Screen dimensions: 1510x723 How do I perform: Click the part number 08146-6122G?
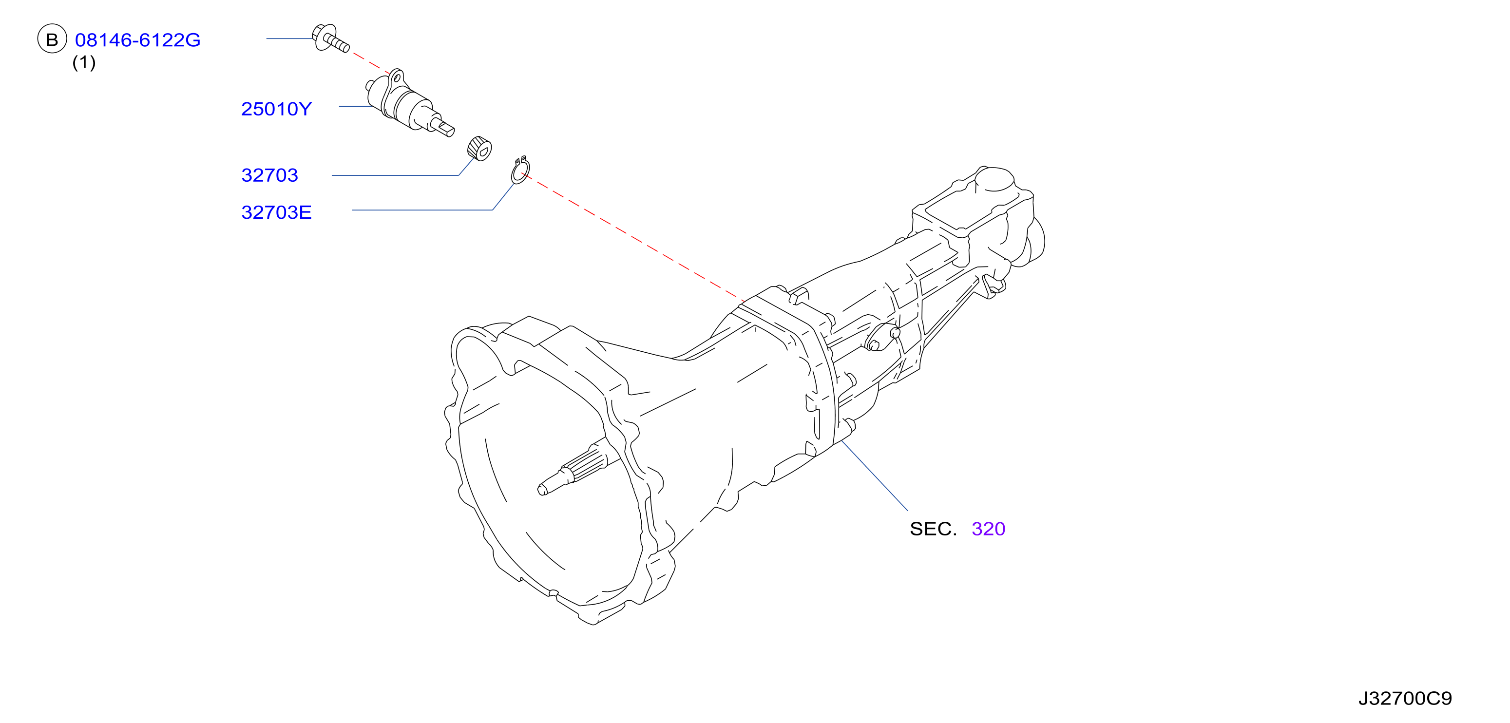(138, 40)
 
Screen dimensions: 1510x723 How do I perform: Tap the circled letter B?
(52, 39)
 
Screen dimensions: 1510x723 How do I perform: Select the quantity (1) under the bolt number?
(84, 62)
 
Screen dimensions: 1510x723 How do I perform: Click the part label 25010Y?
(276, 109)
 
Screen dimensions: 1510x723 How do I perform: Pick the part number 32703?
(269, 175)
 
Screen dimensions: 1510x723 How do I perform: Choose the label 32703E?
(276, 212)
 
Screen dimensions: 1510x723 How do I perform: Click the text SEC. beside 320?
(933, 529)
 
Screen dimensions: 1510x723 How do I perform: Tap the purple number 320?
(988, 529)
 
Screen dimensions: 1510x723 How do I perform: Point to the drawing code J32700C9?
(1405, 698)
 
